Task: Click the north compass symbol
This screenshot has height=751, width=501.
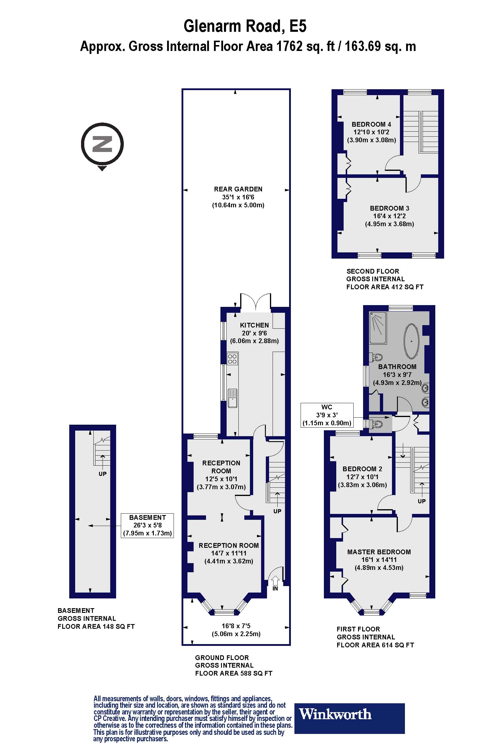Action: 102,144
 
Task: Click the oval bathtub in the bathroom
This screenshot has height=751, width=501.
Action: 411,341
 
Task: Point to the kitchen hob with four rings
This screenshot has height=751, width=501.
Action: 232,359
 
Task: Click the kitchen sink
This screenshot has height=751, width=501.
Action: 233,398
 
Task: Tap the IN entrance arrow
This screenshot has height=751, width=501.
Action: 275,580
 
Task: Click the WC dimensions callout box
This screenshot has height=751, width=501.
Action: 327,415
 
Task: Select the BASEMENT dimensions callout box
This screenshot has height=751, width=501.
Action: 147,525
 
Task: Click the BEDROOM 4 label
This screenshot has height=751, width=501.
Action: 371,124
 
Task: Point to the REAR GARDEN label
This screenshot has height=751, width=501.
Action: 238,189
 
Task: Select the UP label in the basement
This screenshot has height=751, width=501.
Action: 102,474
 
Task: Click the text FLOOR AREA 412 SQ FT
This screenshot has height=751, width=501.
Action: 385,287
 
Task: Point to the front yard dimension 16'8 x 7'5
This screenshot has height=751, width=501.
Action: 236,626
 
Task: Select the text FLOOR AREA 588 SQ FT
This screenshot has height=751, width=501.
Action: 234,674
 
